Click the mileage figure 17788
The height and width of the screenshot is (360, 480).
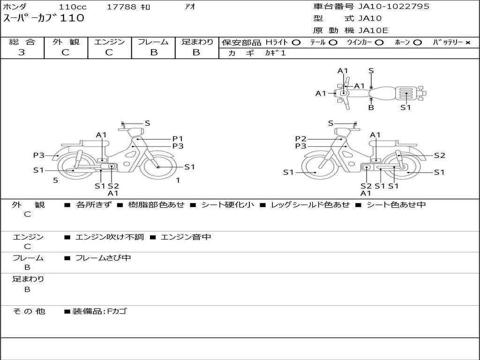[121, 7]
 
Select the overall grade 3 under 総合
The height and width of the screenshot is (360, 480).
[22, 52]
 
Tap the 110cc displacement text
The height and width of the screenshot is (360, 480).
[73, 7]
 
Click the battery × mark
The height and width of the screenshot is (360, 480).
[467, 43]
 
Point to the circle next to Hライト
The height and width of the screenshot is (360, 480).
[296, 43]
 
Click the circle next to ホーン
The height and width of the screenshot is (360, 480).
[417, 43]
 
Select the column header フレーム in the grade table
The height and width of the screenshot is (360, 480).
[153, 42]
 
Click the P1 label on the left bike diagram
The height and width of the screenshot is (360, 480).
[178, 139]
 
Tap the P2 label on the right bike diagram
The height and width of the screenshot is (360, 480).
[300, 139]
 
